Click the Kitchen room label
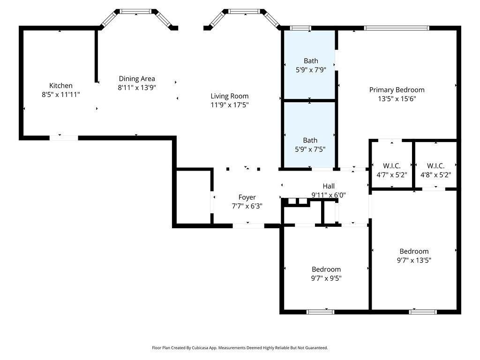click(x=61, y=86)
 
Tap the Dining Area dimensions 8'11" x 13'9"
click(x=137, y=88)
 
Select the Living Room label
click(x=230, y=96)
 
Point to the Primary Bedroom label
click(x=397, y=90)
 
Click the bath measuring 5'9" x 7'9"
click(x=309, y=65)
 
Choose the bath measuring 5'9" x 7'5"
click(x=309, y=135)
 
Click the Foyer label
click(x=247, y=197)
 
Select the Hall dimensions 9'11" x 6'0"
click(x=329, y=195)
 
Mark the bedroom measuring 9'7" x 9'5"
click(x=326, y=268)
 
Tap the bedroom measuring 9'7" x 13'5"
click(x=414, y=251)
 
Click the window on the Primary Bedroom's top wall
click(x=397, y=28)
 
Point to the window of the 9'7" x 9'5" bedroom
click(x=320, y=312)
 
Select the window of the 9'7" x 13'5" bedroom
click(x=423, y=312)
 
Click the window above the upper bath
click(x=300, y=28)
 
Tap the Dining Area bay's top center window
click(x=135, y=12)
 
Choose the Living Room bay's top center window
click(x=244, y=12)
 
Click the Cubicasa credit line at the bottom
click(x=240, y=348)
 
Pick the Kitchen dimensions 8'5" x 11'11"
click(x=61, y=95)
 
